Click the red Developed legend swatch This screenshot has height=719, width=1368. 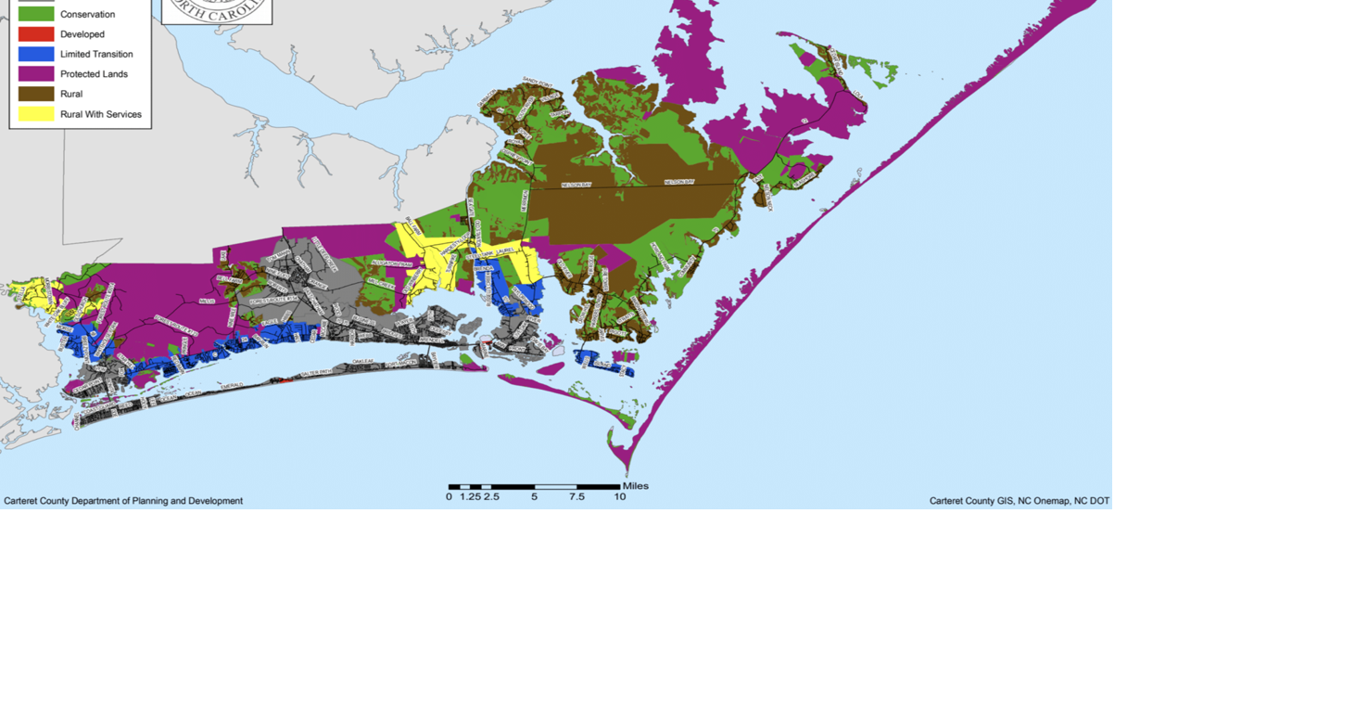click(x=36, y=34)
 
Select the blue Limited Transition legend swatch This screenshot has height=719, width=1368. click(x=36, y=54)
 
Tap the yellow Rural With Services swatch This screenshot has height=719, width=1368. click(x=36, y=114)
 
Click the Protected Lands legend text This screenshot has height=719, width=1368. click(x=94, y=74)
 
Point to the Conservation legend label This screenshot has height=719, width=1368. click(x=87, y=15)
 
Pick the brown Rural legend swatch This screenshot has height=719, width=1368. click(x=36, y=94)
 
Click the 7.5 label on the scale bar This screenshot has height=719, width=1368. click(x=576, y=497)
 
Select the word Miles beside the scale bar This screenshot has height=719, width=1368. click(x=636, y=486)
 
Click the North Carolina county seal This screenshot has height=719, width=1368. click(x=217, y=11)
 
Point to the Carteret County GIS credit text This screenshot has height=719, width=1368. click(x=1020, y=501)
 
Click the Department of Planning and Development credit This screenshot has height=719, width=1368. click(x=123, y=501)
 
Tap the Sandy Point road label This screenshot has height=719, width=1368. click(x=538, y=83)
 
